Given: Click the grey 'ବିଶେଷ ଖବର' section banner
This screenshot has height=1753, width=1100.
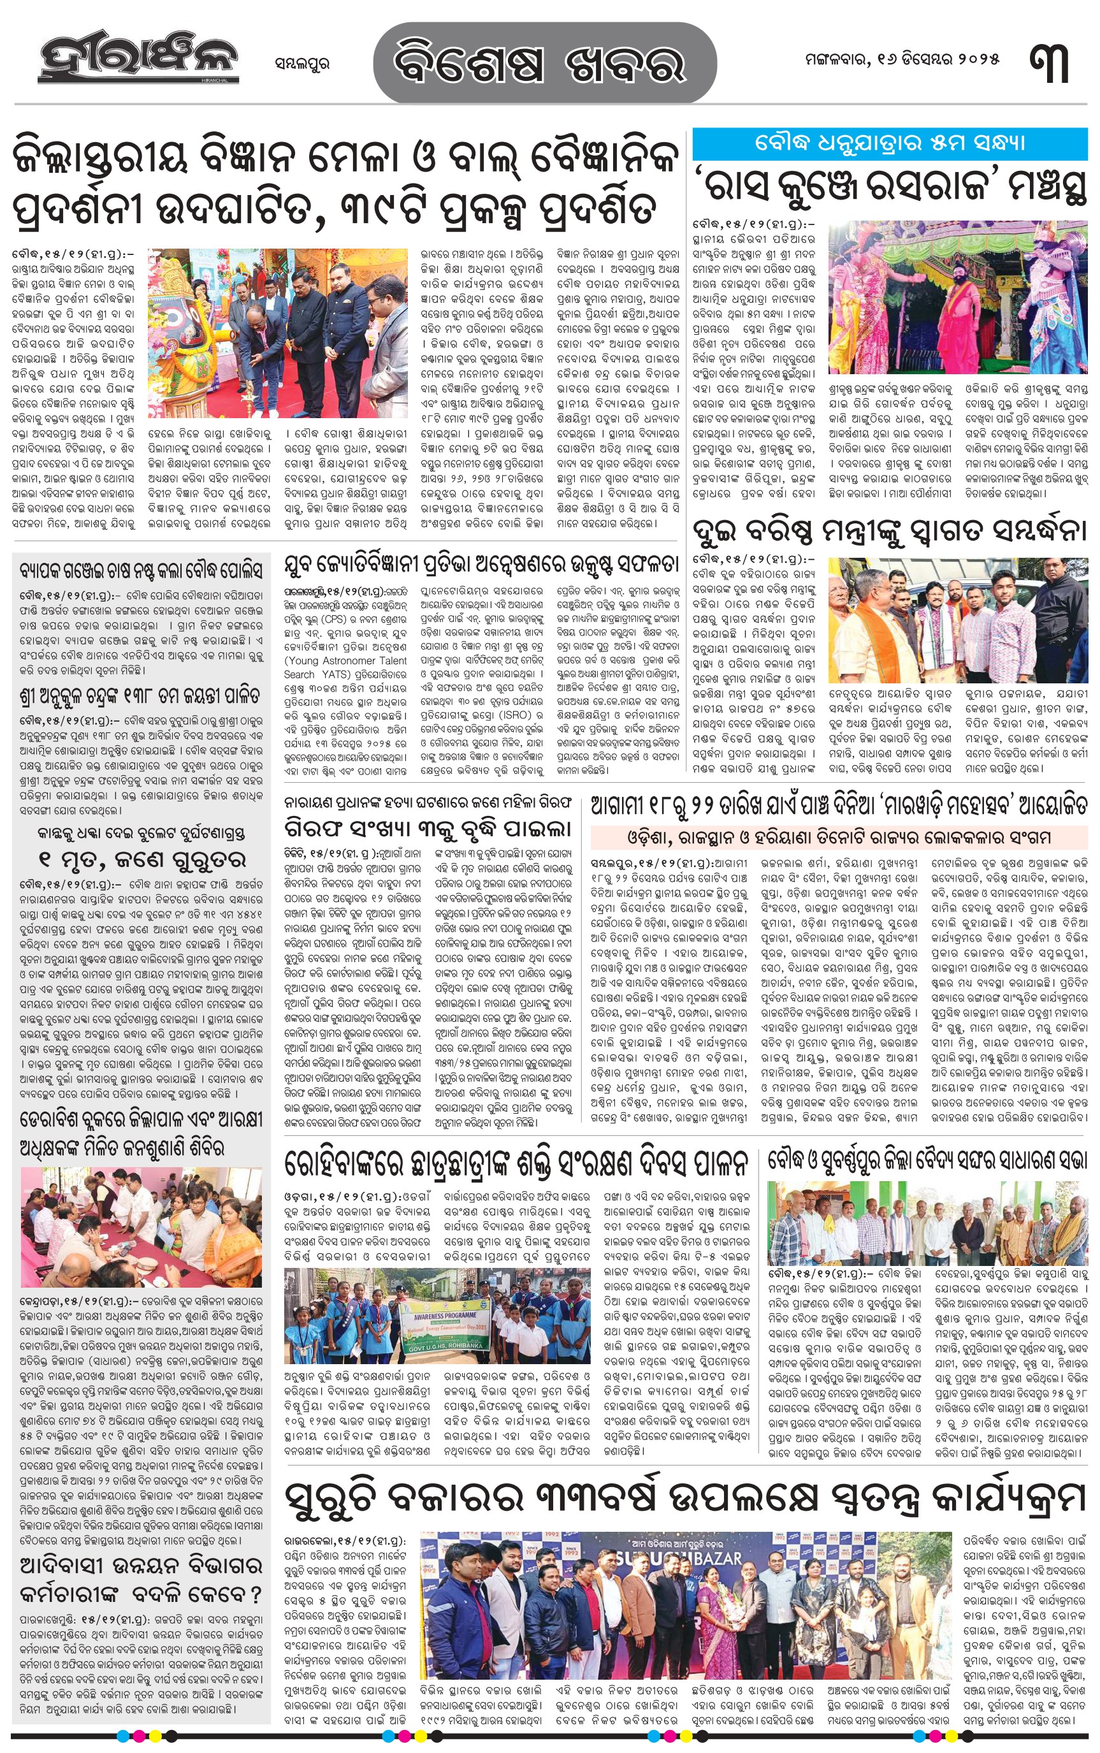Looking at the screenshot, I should [544, 62].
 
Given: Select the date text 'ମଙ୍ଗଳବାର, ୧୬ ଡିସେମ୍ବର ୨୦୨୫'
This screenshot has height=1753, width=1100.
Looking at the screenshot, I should [902, 60].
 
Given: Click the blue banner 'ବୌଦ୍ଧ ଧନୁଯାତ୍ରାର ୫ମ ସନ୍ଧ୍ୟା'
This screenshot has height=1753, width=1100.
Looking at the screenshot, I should [890, 143].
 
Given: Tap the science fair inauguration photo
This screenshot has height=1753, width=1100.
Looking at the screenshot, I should [277, 323].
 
